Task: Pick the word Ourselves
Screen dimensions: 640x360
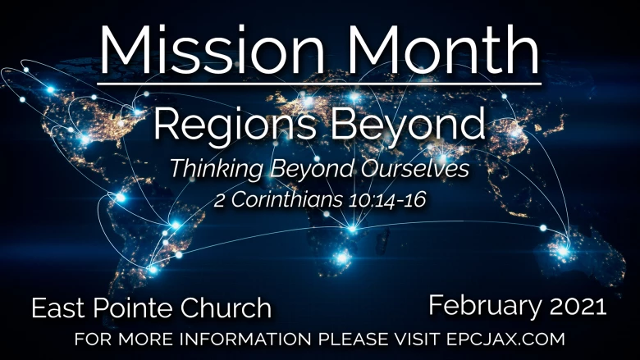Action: pyautogui.click(x=414, y=168)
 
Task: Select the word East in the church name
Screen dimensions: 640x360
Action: pyautogui.click(x=59, y=308)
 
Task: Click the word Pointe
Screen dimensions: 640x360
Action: pyautogui.click(x=134, y=308)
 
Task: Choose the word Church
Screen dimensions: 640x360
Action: pyautogui.click(x=226, y=308)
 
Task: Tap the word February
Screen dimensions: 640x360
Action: pyautogui.click(x=485, y=307)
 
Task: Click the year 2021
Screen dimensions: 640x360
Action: pyautogui.click(x=578, y=306)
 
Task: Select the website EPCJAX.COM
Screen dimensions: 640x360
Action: pyautogui.click(x=505, y=339)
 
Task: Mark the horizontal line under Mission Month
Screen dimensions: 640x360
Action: pyautogui.click(x=319, y=84)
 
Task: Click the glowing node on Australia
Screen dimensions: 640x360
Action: pyautogui.click(x=563, y=251)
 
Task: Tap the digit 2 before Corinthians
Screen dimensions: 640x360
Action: pyautogui.click(x=219, y=201)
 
